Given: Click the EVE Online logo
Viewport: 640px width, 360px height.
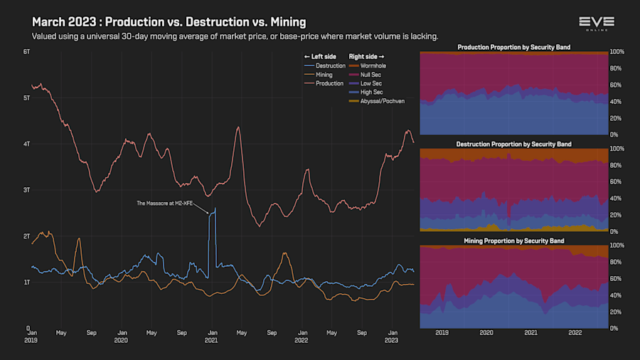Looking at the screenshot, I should coord(597,23).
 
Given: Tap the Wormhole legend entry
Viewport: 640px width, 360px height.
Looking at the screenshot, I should coord(370,65).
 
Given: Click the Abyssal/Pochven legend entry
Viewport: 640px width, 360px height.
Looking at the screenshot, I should coord(378,101).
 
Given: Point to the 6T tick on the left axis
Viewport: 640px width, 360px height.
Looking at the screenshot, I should coord(26,52).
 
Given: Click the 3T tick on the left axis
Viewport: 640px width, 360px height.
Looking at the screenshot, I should coord(26,190).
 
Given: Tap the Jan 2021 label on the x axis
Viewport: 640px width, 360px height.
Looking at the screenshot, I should coord(212,336).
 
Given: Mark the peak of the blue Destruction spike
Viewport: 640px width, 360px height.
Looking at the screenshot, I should coord(215,208).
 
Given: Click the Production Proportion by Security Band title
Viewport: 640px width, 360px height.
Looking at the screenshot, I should coord(513,48).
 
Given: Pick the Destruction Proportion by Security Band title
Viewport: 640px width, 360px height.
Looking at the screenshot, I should coord(513,144).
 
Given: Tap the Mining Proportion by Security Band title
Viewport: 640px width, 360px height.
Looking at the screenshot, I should coord(513,240).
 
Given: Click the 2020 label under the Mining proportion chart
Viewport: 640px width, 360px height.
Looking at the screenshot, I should coord(486,332).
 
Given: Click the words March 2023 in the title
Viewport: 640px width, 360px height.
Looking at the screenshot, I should coord(65,22).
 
